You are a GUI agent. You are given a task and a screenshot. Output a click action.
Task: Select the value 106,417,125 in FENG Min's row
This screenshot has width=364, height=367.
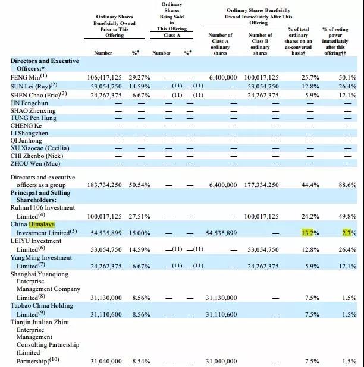(104, 77)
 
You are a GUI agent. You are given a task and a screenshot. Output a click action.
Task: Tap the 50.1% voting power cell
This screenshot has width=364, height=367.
(347, 77)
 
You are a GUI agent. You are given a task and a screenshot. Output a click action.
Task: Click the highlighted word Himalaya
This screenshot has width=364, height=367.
(42, 224)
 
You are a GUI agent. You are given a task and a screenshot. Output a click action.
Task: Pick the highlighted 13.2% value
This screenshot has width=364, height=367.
(310, 233)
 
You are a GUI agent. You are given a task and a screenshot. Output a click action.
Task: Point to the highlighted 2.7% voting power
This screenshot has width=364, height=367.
(349, 233)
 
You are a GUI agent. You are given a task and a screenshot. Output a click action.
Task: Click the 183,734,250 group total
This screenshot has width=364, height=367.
(104, 185)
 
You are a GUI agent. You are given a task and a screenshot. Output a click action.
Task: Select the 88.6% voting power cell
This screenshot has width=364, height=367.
(347, 185)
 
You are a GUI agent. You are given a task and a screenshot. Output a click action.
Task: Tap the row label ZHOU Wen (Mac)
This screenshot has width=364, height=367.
(36, 163)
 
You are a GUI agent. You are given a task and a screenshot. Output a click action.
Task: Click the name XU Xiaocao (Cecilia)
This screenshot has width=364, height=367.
(40, 148)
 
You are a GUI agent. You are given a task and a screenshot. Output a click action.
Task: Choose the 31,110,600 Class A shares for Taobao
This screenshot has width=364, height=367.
(221, 314)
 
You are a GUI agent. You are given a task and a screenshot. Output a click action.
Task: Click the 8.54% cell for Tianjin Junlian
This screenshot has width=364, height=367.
(141, 361)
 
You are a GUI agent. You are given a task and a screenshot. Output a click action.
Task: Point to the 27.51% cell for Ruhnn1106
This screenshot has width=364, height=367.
(139, 217)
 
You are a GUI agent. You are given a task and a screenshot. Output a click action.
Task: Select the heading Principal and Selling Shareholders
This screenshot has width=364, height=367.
(40, 196)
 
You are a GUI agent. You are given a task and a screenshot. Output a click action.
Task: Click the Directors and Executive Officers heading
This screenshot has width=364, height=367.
(45, 65)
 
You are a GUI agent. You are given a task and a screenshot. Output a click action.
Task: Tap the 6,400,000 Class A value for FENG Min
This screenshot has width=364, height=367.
(223, 77)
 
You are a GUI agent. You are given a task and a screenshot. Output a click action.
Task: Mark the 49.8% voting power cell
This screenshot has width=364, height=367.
(347, 217)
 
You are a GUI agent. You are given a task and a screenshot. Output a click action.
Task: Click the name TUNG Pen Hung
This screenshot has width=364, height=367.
(33, 118)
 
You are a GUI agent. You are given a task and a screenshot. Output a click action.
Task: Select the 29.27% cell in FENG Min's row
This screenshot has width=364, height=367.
(139, 77)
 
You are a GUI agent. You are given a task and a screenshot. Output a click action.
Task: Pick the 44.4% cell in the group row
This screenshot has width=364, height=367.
(310, 185)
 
